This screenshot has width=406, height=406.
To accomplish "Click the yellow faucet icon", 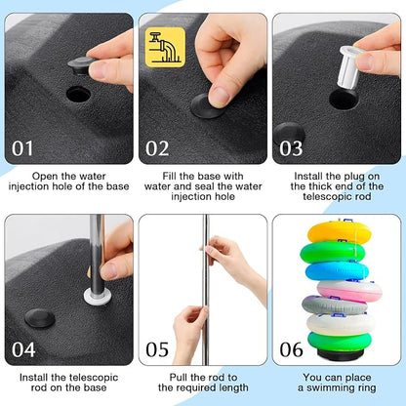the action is pos(165,47).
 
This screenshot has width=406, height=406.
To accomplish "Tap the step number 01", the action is pos(22,148).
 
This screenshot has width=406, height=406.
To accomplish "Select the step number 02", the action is pos(157,148).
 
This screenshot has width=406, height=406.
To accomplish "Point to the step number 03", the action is pos(291,148).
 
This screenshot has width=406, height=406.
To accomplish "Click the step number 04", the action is pos(23,349).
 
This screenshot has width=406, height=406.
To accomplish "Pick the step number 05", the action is pos(157,349).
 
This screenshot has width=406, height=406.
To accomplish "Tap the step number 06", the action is pos(292,349).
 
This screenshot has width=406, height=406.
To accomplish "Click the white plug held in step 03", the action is pos(349,67).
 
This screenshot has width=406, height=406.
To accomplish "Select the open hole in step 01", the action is pos(78,95).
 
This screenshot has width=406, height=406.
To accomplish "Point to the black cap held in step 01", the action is pos(81,65).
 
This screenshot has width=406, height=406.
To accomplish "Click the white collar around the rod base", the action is pos(98,297).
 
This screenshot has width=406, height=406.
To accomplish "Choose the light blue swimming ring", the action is pos(337,271).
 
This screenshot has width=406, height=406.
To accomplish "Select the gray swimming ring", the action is pos(334,305).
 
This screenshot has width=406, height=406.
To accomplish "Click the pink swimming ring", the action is pos(349,290).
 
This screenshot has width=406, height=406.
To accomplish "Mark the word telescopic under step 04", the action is pos(94,378).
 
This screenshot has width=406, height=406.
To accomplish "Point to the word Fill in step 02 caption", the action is pos(170,176).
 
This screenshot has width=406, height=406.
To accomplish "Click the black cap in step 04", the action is pos(40,318).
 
